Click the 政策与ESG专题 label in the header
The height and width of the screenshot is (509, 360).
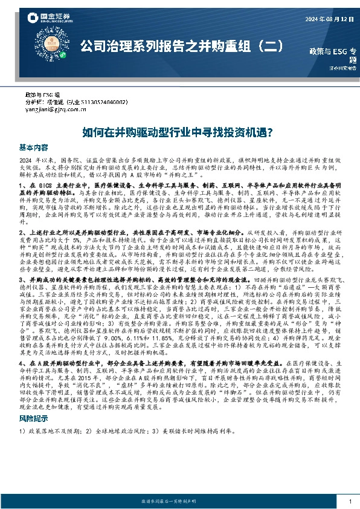pyautogui.click(x=333, y=54)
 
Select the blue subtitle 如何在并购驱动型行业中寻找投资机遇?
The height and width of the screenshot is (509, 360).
pyautogui.click(x=179, y=131)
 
